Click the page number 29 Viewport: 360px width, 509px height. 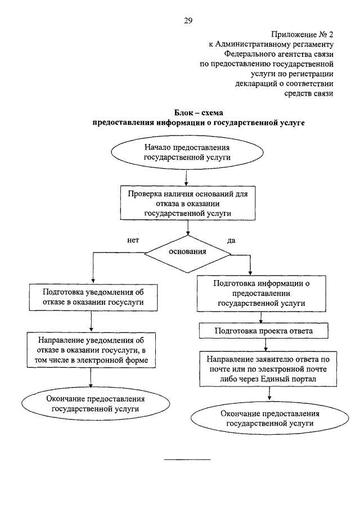click(188, 21)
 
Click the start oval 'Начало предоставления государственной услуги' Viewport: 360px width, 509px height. click(187, 152)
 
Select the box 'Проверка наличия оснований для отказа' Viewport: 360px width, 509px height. click(188, 203)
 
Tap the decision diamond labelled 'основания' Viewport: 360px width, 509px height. click(188, 254)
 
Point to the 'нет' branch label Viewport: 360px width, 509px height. click(133, 240)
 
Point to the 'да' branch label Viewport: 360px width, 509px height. click(231, 241)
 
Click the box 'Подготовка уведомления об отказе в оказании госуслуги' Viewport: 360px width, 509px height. click(93, 298)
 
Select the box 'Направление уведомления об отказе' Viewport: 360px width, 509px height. click(91, 350)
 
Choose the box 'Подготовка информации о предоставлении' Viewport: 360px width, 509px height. click(262, 294)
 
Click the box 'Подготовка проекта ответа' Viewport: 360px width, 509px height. click(264, 331)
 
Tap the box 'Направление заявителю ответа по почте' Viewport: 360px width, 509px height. click(268, 369)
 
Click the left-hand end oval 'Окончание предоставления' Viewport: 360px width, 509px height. click(96, 404)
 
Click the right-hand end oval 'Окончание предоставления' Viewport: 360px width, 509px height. click(269, 418)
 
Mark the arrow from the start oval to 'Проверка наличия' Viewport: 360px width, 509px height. click(186, 177)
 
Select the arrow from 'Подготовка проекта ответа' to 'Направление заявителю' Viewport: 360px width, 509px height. click(266, 345)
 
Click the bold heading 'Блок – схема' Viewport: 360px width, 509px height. click(199, 112)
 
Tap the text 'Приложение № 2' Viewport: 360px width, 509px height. click(302, 34)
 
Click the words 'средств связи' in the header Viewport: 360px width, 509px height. click(309, 93)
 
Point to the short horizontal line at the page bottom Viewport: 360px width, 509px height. click(187, 460)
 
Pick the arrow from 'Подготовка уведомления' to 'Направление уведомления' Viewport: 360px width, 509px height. click(92, 321)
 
